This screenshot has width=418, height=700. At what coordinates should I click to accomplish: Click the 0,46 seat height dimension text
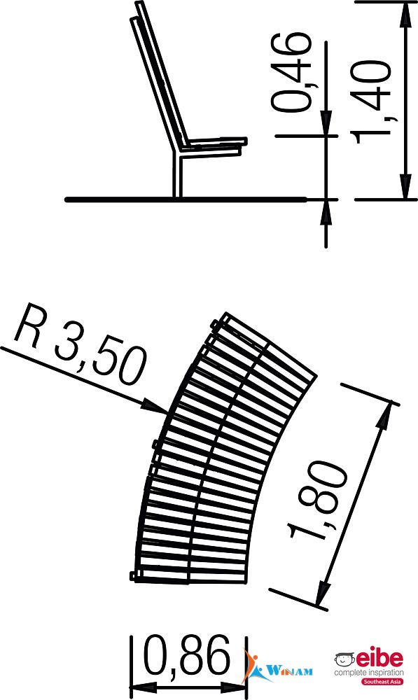[291, 72]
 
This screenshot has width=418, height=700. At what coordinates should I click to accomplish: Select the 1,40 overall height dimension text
[372, 101]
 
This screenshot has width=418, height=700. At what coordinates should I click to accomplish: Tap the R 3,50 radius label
[81, 344]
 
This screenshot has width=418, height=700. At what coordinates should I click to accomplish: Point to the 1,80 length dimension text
[319, 500]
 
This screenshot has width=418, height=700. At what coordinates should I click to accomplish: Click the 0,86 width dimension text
[187, 656]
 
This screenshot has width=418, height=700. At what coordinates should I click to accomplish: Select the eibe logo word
[379, 659]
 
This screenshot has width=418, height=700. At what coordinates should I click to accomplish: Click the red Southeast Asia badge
[382, 681]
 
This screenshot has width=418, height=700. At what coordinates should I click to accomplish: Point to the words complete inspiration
[369, 672]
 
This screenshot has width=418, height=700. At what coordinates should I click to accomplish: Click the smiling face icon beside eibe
[344, 659]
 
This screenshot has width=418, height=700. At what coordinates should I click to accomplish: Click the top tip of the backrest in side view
[140, 3]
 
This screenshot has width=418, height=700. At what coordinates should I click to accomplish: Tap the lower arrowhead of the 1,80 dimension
[323, 592]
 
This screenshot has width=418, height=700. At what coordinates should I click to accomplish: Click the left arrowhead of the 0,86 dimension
[143, 687]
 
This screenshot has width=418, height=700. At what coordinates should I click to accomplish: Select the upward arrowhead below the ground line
[326, 211]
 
